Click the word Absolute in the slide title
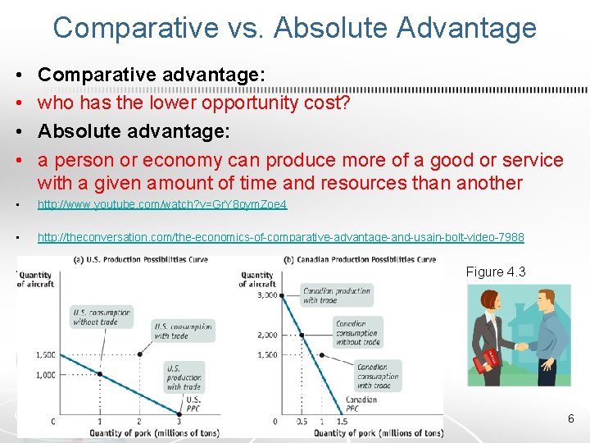pos(321,27)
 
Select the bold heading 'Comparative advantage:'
pos(152,75)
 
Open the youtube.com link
pos(162,204)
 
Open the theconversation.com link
pos(280,237)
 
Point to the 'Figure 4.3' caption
pos(496,272)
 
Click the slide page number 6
pos(571,419)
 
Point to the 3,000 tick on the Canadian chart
pos(267,294)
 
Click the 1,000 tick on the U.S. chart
pos(45,374)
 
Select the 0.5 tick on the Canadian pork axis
pos(302,422)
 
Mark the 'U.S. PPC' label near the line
pos(193,404)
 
